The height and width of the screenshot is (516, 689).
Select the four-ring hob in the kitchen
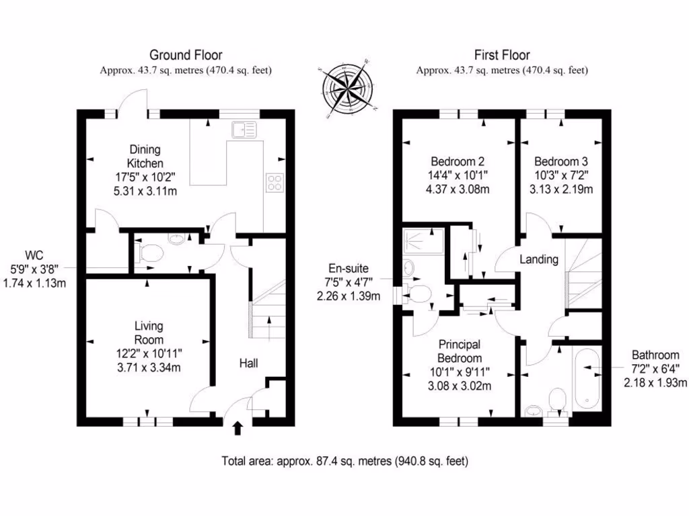[x=276, y=183]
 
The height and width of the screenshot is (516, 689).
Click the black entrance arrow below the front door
[x=237, y=428]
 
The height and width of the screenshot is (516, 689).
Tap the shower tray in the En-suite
[x=423, y=242]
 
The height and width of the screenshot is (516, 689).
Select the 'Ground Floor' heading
[x=186, y=55]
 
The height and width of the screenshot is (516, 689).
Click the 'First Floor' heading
[x=502, y=55]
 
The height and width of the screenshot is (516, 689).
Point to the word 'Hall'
[x=250, y=363]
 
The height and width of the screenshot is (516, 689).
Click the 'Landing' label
[x=539, y=259]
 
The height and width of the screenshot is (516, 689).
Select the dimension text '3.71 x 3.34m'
[x=148, y=367]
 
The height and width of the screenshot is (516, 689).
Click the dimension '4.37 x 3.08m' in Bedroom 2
[x=458, y=189]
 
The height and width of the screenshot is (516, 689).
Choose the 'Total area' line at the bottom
[x=344, y=462]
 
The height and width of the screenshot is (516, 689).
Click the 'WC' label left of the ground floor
[x=34, y=255]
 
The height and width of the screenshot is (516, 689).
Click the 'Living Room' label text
[x=148, y=333]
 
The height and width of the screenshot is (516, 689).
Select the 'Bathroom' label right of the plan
[x=655, y=355]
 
